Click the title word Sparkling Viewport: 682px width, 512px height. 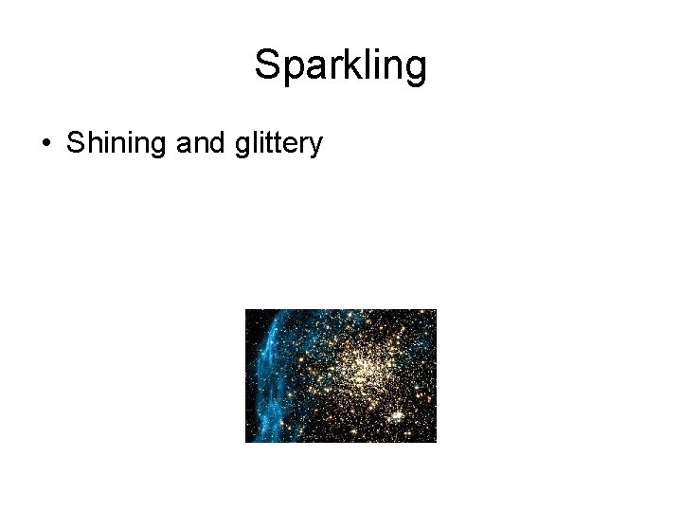click(341, 65)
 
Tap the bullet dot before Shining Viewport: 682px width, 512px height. click(45, 144)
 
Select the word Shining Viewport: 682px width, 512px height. click(117, 144)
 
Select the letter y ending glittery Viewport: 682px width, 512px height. click(316, 148)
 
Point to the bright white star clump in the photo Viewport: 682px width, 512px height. click(396, 415)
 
